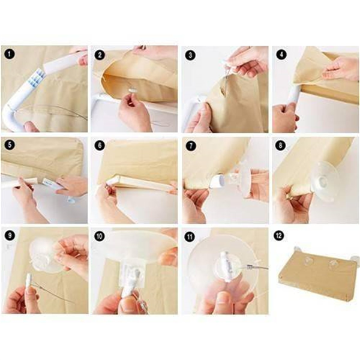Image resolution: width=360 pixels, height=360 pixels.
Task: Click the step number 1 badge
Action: pos(10,55)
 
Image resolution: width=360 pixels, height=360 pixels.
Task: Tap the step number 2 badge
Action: pos(100,55)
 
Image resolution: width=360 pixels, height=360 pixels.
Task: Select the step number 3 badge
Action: pos(190,55)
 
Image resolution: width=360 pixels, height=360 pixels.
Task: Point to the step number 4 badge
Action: pos(281,55)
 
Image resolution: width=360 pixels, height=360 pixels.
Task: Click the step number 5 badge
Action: pos(10,145)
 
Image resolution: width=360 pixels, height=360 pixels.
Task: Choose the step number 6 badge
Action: pos(100,145)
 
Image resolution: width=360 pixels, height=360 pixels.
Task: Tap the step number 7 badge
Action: pos(191,146)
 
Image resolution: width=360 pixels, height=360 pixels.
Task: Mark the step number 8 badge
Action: pos(281,145)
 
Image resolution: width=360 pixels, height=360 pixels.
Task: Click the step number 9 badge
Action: pos(10,235)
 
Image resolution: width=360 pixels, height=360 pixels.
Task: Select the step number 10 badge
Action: pos(100,236)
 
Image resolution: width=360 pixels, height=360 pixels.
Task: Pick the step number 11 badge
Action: pos(190,236)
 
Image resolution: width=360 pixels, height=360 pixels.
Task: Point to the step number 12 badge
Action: pos(279,235)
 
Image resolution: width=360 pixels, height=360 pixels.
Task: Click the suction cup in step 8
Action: pos(324,181)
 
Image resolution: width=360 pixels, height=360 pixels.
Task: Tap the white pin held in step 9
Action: pos(30,281)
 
